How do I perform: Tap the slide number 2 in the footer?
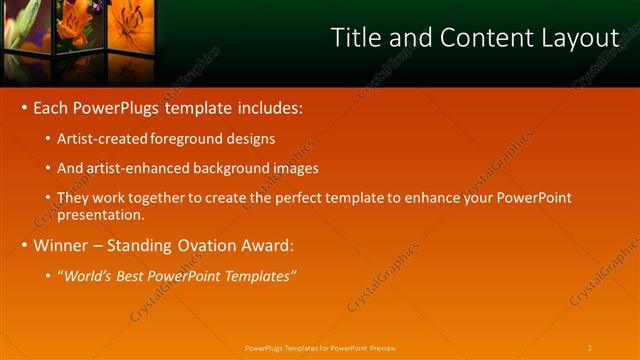tap(589, 348)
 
